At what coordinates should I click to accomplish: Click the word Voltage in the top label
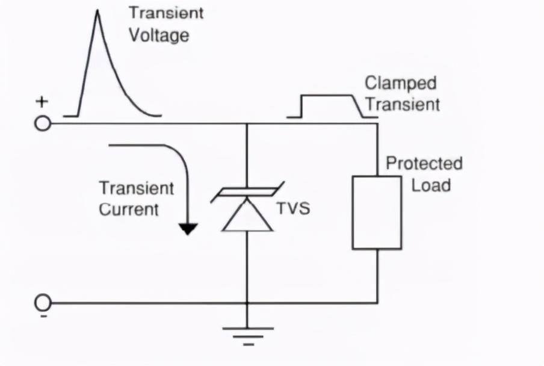coord(158,35)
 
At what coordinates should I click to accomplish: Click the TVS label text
coord(293,209)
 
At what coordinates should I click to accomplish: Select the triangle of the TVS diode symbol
coord(247,216)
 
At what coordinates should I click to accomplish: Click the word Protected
coord(424,164)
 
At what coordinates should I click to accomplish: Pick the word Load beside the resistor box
coord(431,184)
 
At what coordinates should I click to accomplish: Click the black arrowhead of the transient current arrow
coord(188,228)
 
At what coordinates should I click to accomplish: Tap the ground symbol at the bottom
coord(247,335)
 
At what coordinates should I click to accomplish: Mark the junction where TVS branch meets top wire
coord(247,124)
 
